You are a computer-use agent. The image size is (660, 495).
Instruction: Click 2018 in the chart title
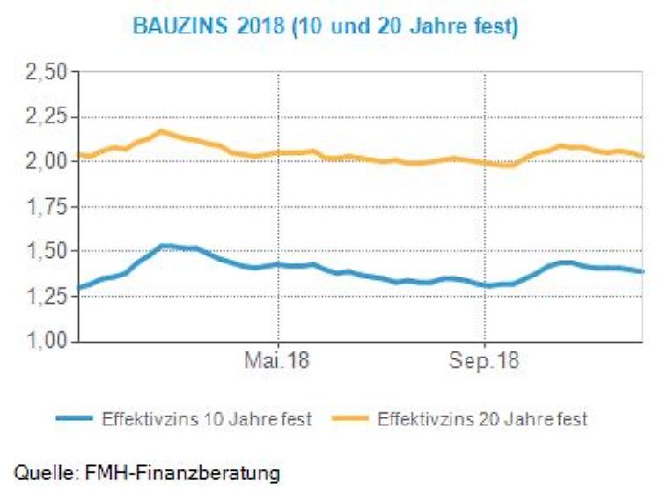tap(254, 27)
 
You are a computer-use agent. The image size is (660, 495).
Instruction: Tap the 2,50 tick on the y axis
tap(48, 71)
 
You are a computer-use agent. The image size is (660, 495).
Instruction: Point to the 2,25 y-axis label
tap(48, 116)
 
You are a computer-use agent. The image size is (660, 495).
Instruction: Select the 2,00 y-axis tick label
tap(48, 161)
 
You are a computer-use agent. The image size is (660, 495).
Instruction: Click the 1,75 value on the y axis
tap(48, 206)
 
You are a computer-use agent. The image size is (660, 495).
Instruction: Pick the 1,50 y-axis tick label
tap(48, 251)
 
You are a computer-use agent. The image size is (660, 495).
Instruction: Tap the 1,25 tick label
tap(48, 296)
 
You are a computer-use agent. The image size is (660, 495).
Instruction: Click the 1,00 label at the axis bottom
tap(48, 341)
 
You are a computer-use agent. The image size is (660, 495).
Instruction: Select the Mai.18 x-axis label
tap(278, 362)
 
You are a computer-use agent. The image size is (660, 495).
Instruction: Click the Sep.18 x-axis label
tap(485, 362)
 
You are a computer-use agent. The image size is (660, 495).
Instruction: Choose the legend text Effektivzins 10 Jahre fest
tap(207, 419)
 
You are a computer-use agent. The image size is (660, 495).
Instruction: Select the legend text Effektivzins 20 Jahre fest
tap(482, 419)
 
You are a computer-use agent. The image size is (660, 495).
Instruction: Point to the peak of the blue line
tap(165, 246)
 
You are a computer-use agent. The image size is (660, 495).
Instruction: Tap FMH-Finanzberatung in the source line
tap(182, 473)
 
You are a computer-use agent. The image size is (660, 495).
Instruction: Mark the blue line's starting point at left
tap(79, 287)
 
